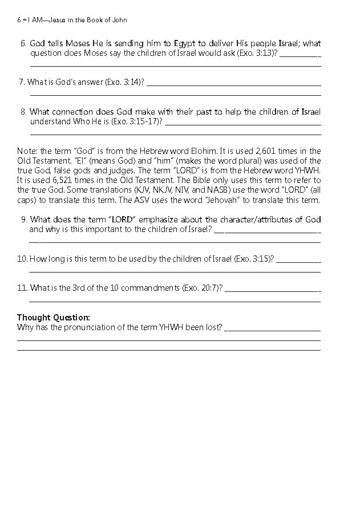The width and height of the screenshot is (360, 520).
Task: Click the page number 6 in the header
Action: point(19,20)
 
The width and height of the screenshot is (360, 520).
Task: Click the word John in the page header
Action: point(119,20)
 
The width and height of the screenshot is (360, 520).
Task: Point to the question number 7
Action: point(22,82)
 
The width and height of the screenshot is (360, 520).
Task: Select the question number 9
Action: point(23,220)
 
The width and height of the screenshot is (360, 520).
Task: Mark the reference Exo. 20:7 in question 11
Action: point(202,288)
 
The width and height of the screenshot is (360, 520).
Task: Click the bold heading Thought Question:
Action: point(53,317)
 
